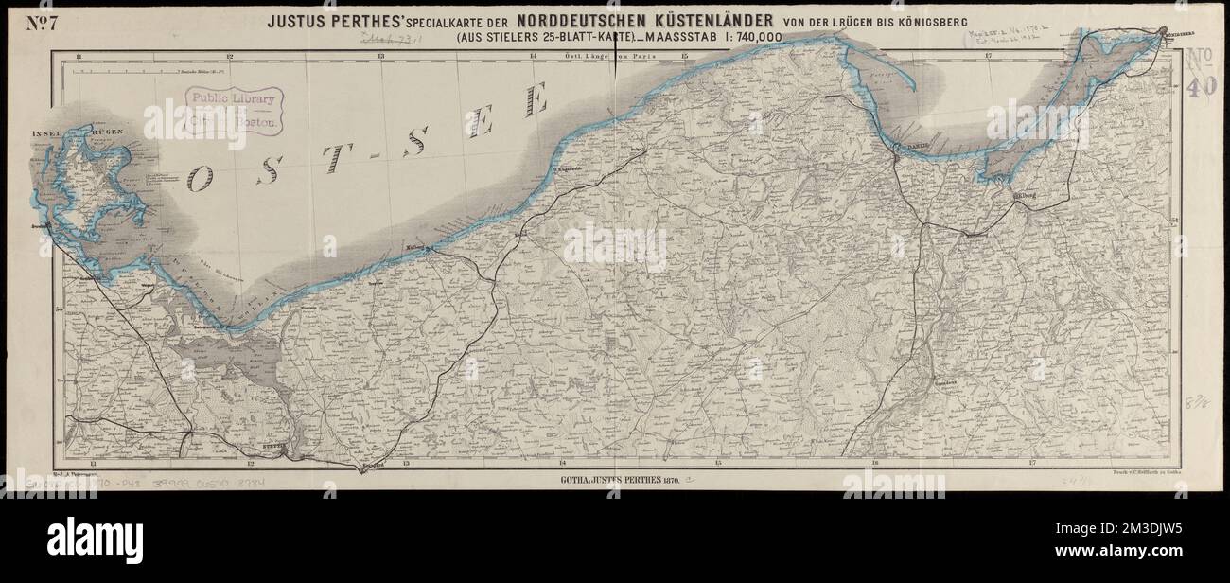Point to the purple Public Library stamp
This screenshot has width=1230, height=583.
point(234,109)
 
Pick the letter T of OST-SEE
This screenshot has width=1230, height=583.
point(330,157)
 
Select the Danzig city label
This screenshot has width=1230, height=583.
point(910,147)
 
